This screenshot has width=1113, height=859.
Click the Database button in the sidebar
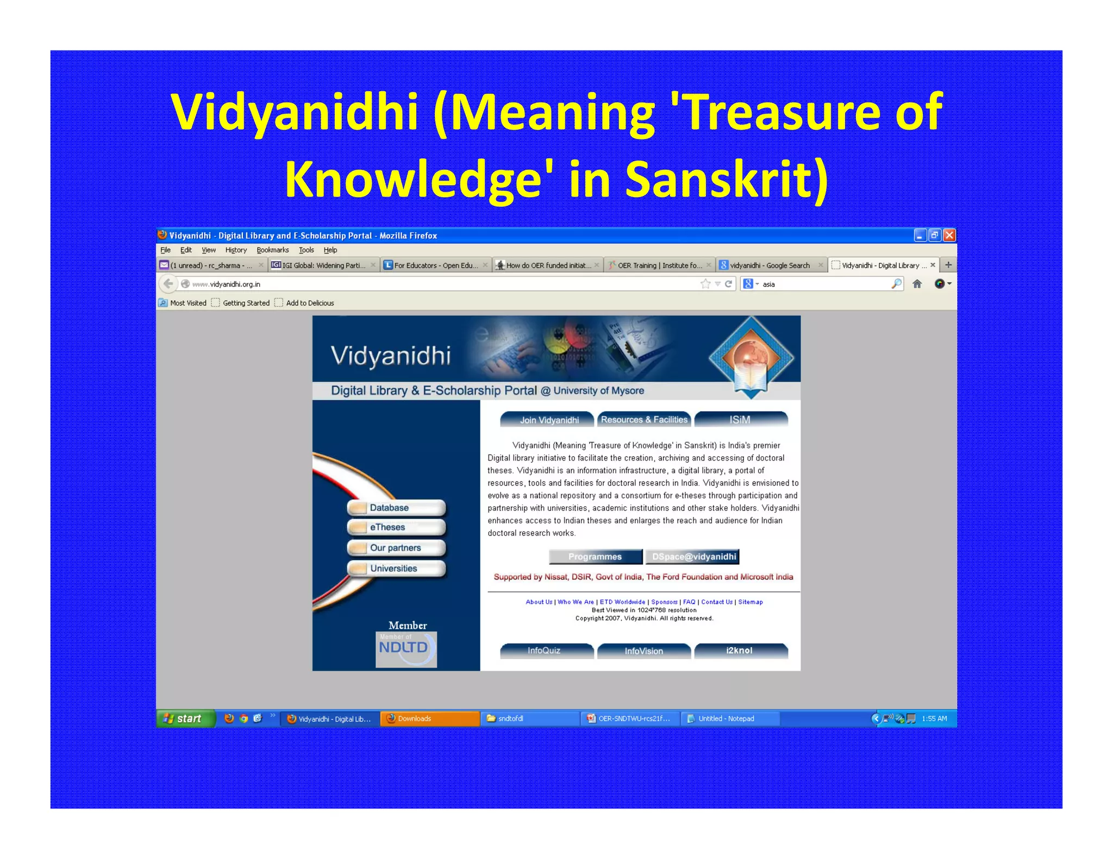396,508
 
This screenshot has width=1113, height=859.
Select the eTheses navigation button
396,527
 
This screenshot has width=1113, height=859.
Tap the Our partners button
396,548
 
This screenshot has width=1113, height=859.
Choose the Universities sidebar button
396,569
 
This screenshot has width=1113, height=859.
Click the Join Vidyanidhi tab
548,420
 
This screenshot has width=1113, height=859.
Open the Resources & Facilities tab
644,420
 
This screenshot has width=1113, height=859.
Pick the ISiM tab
740,420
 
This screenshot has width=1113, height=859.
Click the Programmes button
595,557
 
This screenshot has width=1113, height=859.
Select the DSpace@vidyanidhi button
693,557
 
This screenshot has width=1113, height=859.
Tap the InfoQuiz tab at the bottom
545,650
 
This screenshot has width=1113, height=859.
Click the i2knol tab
740,650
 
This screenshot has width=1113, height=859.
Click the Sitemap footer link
750,602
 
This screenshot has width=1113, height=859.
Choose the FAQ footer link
689,602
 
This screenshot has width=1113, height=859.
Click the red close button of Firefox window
949,235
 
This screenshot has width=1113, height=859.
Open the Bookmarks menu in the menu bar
272,250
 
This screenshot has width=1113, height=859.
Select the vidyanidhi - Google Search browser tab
769,266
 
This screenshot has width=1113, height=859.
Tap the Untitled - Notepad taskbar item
726,718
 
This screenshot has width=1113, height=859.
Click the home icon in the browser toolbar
917,284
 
